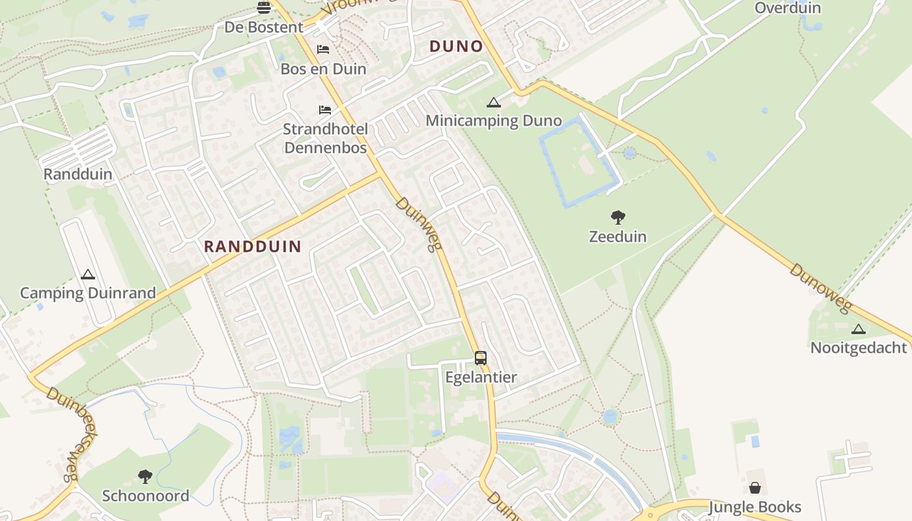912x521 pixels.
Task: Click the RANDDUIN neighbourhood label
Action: (x=253, y=246)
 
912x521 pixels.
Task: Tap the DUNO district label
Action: (x=456, y=46)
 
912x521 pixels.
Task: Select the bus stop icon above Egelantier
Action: (x=481, y=358)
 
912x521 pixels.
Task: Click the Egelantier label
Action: (x=481, y=377)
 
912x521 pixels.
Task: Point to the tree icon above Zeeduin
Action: (x=618, y=218)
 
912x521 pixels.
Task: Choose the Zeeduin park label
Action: (x=618, y=236)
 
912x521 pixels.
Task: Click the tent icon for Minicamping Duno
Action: (x=494, y=102)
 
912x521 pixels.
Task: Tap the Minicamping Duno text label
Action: (x=494, y=120)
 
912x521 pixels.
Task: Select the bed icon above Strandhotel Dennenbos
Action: (x=325, y=109)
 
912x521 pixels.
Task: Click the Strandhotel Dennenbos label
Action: (x=325, y=138)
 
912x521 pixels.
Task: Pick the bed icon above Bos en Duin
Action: (x=323, y=49)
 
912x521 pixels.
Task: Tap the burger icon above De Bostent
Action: (x=264, y=8)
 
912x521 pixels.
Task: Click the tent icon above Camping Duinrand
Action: (x=88, y=275)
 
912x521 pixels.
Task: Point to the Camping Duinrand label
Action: (x=88, y=293)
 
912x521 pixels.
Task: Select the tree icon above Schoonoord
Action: (x=145, y=477)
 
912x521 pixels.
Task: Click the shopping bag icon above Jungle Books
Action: (x=755, y=488)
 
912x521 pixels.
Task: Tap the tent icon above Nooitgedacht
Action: (x=859, y=329)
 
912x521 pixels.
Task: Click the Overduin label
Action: (x=788, y=8)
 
